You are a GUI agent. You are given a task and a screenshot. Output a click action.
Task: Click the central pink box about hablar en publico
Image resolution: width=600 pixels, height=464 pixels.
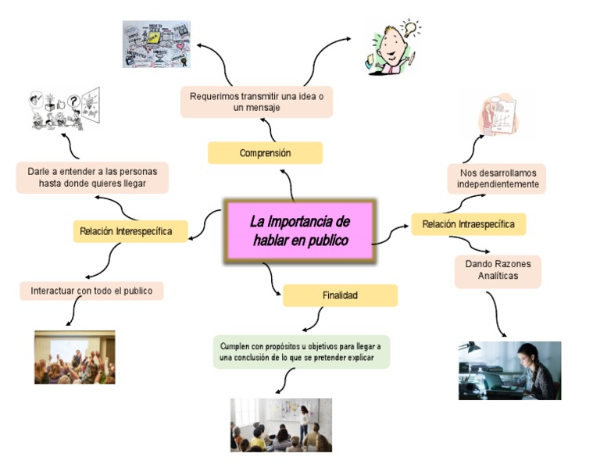(300, 230)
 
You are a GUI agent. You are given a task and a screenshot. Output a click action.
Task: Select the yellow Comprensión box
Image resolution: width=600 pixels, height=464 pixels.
(265, 153)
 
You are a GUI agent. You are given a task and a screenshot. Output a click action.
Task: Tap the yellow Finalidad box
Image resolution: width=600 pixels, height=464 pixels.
(340, 295)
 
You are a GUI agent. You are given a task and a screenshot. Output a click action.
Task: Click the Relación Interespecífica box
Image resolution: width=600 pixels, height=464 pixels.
(130, 232)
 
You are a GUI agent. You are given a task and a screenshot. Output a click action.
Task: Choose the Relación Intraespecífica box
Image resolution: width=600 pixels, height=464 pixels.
(468, 224)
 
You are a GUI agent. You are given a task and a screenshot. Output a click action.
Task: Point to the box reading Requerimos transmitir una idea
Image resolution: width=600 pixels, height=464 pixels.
(256, 102)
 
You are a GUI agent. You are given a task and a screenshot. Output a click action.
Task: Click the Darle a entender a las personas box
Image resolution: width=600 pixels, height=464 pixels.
(92, 177)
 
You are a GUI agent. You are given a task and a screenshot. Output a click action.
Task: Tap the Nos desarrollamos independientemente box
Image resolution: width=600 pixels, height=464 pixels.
(498, 178)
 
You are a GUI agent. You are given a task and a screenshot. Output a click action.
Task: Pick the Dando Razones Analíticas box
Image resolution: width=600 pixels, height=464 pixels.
(498, 270)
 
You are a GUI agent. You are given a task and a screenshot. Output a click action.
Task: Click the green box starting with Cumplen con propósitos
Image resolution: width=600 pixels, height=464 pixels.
(301, 352)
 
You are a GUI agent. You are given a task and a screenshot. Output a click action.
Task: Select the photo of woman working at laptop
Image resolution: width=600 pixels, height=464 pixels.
(509, 370)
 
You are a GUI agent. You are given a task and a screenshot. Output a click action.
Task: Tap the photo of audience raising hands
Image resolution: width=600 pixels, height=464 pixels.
(74, 357)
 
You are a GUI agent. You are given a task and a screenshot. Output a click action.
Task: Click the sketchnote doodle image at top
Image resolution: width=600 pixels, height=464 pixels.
(156, 44)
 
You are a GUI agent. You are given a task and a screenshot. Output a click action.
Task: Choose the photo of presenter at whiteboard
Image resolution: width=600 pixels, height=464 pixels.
(280, 425)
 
